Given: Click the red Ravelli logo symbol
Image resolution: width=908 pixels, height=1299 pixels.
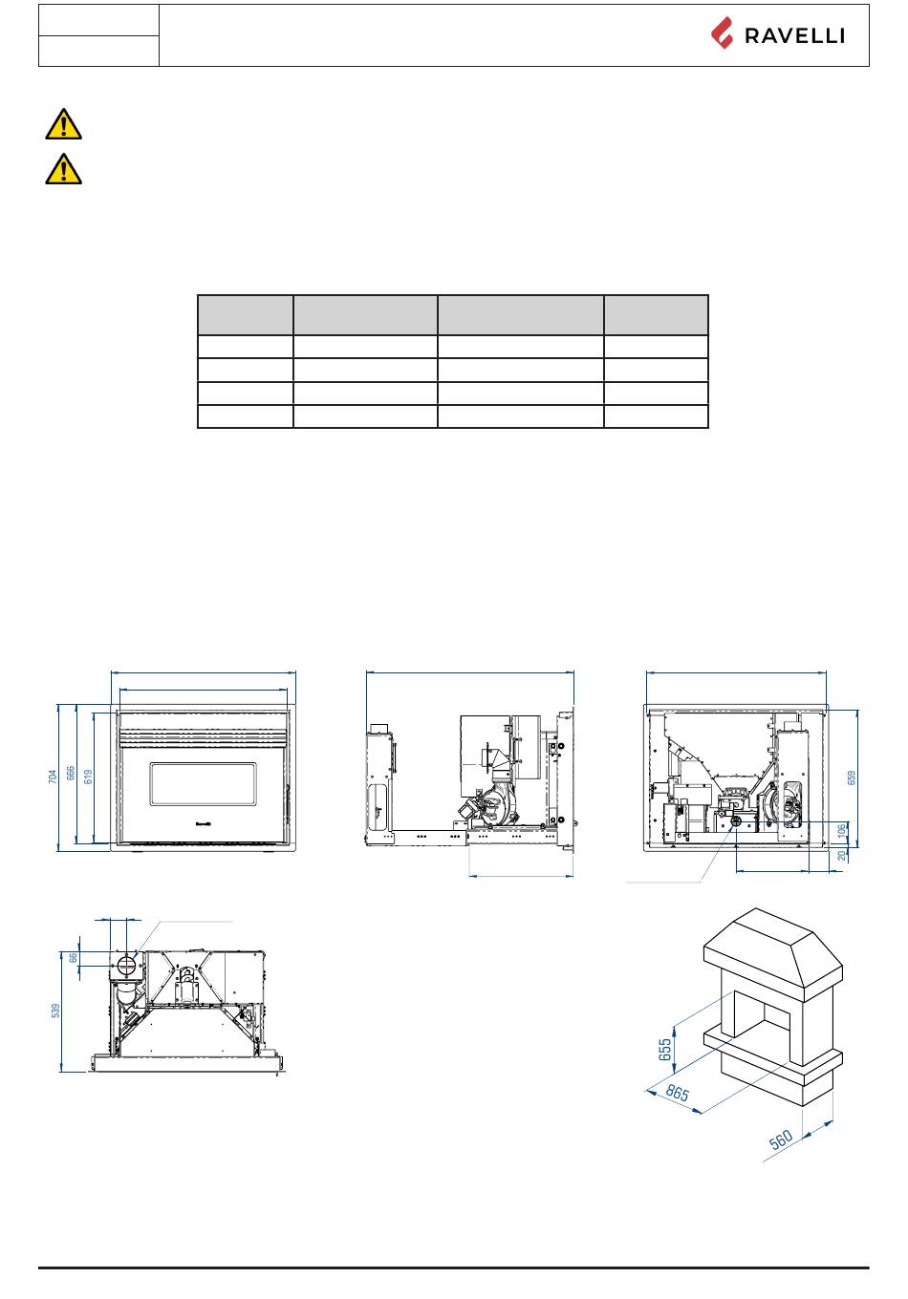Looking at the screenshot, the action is click(722, 33).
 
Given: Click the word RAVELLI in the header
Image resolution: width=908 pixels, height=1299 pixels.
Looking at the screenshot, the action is click(793, 36).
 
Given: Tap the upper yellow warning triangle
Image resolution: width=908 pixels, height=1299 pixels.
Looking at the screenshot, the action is click(63, 124).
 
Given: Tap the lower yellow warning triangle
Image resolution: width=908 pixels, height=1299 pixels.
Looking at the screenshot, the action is click(63, 169).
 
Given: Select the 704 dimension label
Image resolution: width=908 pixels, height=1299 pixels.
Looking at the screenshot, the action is click(53, 777).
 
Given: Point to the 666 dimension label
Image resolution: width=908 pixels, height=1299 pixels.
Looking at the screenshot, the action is click(70, 773).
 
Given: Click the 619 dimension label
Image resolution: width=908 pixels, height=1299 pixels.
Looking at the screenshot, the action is click(88, 777).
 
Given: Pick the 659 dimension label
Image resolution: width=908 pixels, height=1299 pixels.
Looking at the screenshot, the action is click(852, 777).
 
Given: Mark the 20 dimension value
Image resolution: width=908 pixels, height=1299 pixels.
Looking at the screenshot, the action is click(842, 856).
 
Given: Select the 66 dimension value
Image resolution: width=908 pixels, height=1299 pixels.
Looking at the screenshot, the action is click(74, 957).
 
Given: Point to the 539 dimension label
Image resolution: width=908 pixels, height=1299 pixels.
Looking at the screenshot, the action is click(55, 1011).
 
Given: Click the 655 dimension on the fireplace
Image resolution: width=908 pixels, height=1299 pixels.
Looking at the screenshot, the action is click(665, 1049).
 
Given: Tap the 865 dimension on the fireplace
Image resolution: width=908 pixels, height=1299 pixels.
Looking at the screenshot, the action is click(677, 1093).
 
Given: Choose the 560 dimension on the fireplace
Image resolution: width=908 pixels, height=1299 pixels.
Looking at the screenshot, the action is click(781, 1139).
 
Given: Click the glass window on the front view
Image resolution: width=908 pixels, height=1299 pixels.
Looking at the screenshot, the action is click(203, 783).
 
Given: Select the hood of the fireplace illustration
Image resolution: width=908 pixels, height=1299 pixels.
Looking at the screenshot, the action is click(773, 947).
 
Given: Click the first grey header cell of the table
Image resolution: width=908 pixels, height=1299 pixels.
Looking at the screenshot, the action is click(246, 315).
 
